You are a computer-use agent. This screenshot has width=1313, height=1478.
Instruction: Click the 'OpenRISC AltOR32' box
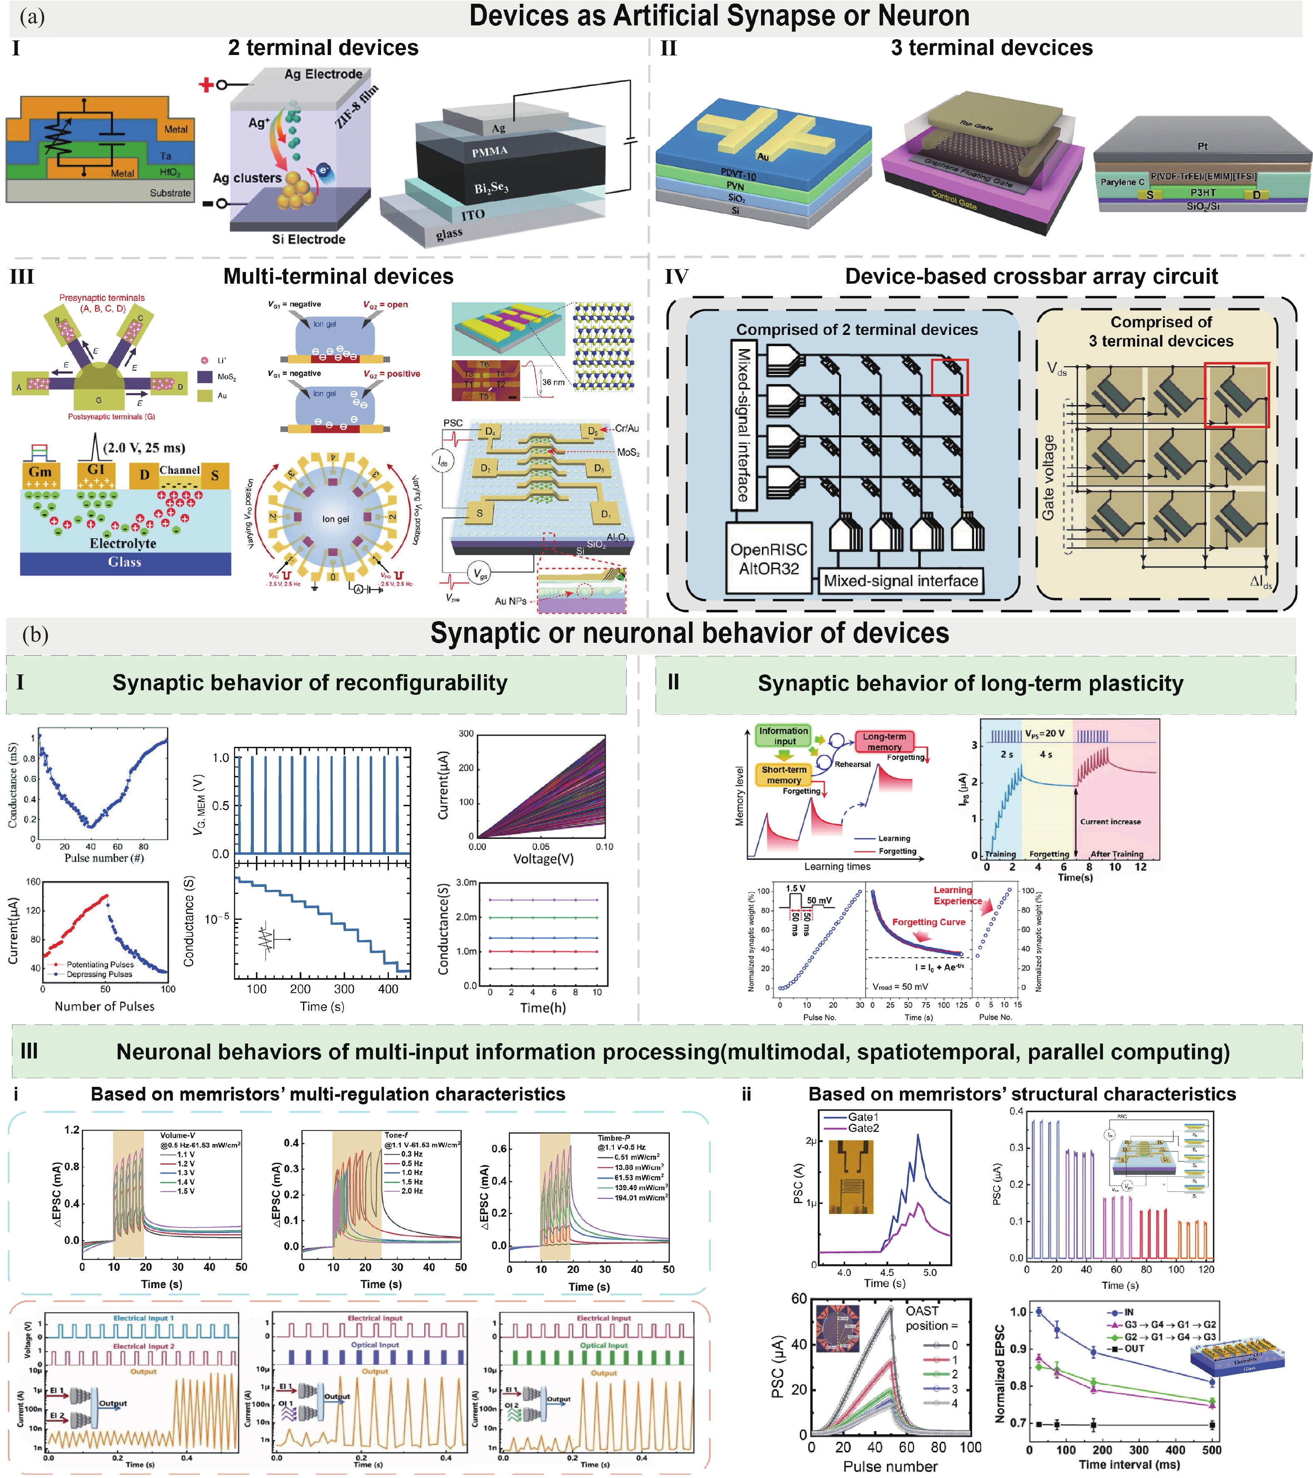(x=768, y=558)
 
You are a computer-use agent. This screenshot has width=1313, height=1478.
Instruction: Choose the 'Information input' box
(x=784, y=735)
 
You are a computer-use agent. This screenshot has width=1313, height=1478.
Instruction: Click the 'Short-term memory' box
(x=784, y=774)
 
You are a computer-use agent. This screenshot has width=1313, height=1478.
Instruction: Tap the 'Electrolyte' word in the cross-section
(x=123, y=543)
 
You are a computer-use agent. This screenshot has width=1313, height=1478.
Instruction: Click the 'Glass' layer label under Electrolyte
(x=125, y=562)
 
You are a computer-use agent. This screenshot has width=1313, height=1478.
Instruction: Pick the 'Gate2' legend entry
(x=863, y=1128)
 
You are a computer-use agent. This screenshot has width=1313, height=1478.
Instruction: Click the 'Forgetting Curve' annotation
(x=928, y=922)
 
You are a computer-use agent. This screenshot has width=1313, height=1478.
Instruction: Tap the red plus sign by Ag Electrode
(x=206, y=85)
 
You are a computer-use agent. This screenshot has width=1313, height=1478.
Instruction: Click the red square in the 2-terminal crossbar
(x=949, y=377)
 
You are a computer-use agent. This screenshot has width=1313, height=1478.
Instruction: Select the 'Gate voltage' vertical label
(x=1047, y=477)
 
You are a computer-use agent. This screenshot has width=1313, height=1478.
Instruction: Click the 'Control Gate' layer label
(x=953, y=200)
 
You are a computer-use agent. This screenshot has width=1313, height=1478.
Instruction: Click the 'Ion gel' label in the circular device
(x=335, y=519)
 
